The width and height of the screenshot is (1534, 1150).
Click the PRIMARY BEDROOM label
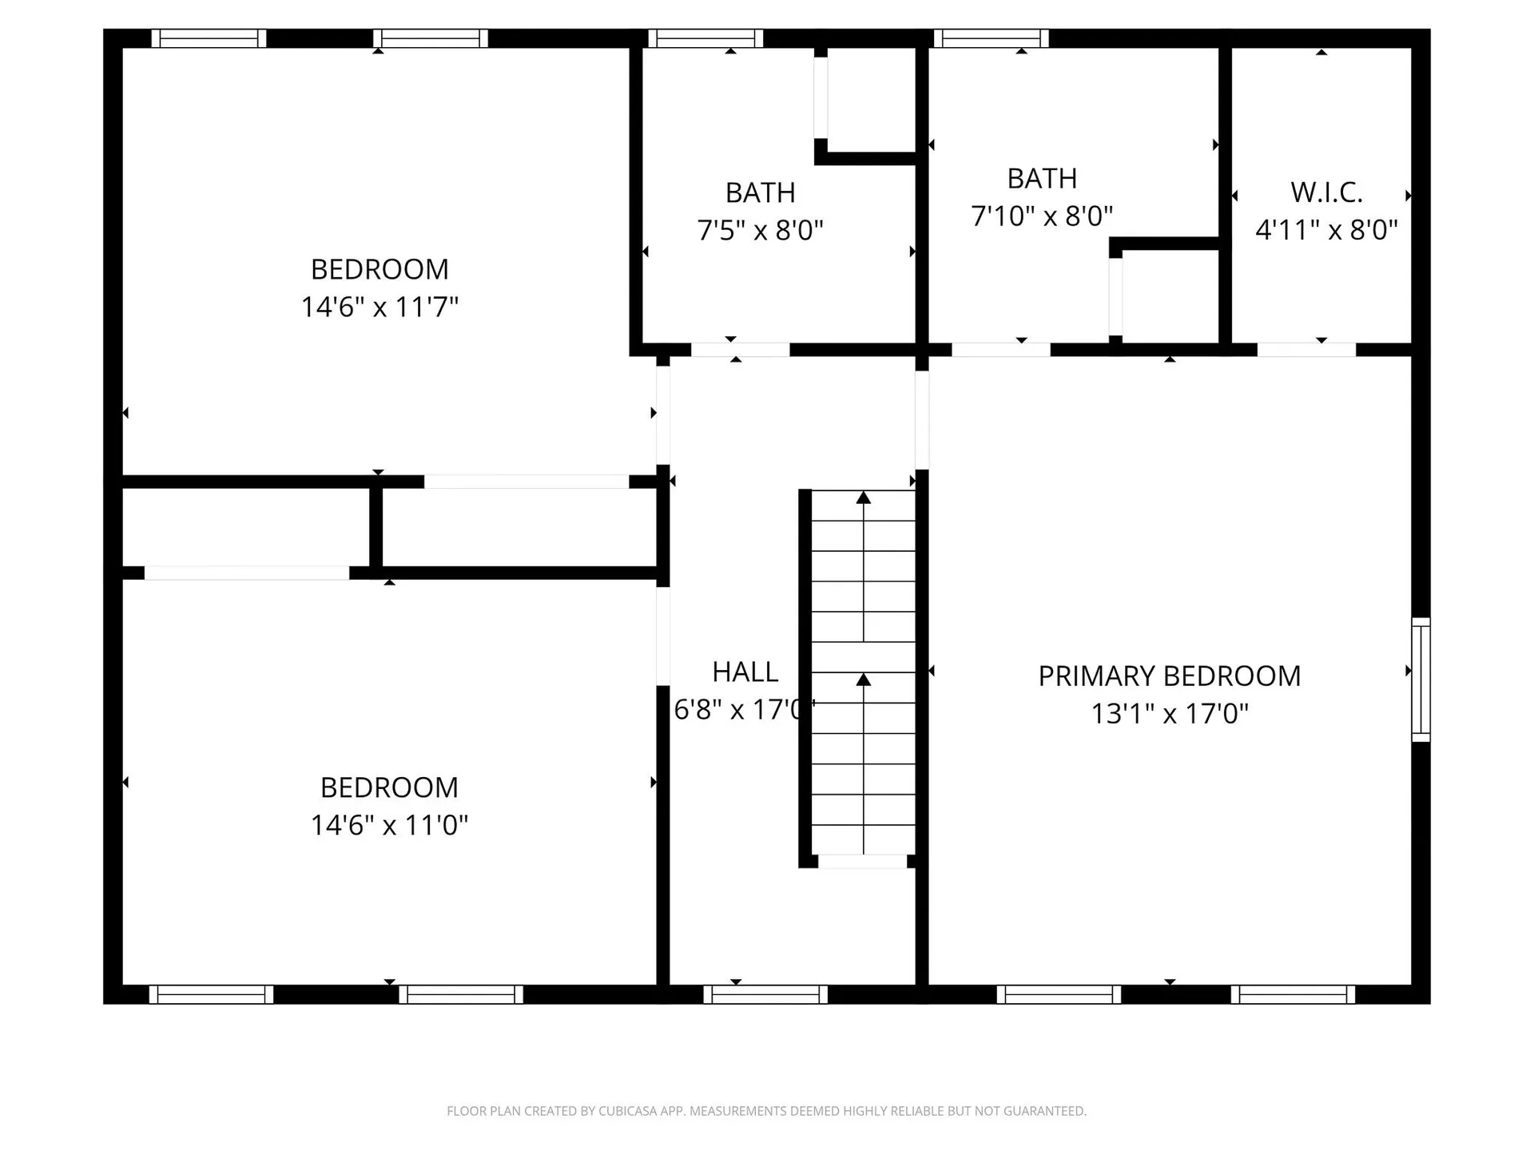[x=1169, y=676]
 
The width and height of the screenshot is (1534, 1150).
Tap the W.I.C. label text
[x=1326, y=192]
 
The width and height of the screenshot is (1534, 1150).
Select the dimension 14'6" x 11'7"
[x=380, y=307]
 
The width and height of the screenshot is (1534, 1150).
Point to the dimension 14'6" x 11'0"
[x=389, y=825]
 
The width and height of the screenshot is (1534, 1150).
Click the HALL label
[x=745, y=672]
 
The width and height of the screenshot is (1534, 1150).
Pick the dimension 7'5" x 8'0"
[x=760, y=231]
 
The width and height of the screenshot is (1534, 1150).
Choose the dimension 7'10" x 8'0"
[x=1042, y=216]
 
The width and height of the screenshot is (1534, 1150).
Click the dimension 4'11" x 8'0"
[x=1326, y=231]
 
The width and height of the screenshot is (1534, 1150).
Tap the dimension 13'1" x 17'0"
[x=1169, y=713]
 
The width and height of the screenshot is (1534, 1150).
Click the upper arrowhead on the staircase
[x=863, y=498]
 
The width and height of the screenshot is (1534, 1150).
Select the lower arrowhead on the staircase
[x=863, y=680]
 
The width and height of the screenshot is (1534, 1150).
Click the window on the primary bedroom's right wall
[x=1420, y=680]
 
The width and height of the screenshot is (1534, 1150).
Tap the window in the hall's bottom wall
[x=765, y=994]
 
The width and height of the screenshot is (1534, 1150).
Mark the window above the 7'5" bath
[x=705, y=38]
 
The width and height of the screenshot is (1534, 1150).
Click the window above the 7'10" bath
[x=991, y=38]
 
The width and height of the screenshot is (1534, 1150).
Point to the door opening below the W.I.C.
[x=1306, y=350]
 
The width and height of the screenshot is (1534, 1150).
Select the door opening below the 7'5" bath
[x=740, y=350]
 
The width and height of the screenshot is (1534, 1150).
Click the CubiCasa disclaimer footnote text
[x=766, y=1111]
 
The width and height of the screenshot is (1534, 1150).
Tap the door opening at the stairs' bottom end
[x=863, y=862]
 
